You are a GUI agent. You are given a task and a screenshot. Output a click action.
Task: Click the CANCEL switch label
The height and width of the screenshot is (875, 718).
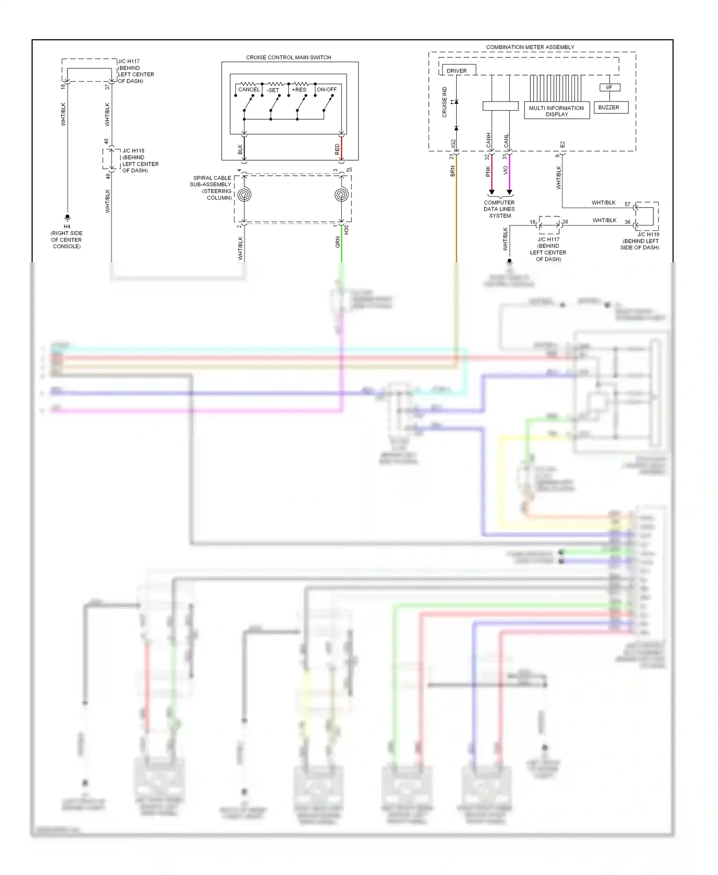coord(249,90)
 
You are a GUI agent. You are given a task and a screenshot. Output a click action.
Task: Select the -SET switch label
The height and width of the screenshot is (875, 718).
coord(273,90)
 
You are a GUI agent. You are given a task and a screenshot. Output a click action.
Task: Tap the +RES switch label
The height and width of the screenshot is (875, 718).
coord(299,90)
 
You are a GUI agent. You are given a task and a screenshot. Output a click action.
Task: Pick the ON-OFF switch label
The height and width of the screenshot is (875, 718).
coord(326,90)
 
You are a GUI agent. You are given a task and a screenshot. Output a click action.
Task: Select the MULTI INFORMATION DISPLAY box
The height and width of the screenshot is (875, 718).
coord(556,111)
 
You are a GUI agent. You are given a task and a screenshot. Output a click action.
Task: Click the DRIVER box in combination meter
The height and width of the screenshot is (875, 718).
coord(457,70)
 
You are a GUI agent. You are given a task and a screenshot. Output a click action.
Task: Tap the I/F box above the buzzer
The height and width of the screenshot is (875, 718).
coord(609,88)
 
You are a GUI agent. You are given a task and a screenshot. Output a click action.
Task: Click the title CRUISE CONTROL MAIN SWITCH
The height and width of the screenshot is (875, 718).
coord(288,57)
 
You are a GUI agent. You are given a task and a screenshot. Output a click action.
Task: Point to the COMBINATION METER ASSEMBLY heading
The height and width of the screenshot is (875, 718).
coord(530,47)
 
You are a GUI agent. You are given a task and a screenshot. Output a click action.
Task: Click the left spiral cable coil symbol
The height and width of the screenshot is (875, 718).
coord(245,195)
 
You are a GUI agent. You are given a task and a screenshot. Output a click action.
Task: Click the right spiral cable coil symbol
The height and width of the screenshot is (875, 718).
coord(341,195)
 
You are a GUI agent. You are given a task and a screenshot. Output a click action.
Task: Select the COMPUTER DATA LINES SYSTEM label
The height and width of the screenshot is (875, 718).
coord(499,209)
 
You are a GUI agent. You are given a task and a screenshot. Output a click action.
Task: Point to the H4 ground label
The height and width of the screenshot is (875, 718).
coord(67,226)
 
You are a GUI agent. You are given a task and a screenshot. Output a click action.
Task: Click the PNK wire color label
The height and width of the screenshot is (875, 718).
coord(488,171)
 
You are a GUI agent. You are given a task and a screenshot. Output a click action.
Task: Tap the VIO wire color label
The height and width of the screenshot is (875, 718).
coord(505,170)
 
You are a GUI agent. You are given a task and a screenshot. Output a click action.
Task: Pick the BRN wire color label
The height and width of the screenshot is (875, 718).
coord(452,171)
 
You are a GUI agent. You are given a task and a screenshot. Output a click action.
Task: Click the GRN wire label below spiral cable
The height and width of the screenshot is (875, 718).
coord(337,242)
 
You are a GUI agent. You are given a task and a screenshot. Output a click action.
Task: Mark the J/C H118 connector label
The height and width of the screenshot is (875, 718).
coord(133,151)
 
